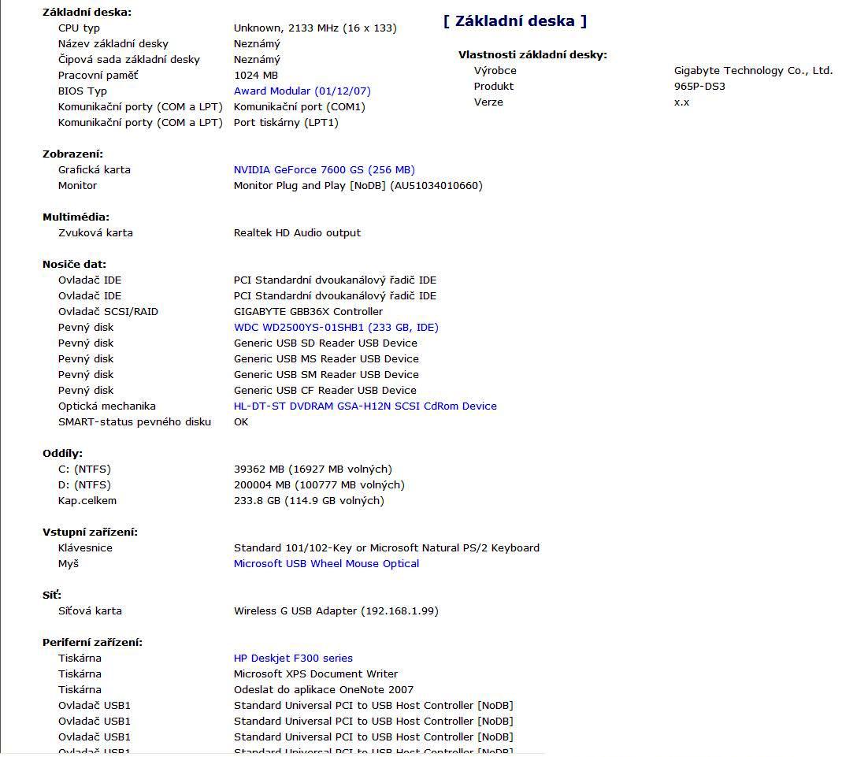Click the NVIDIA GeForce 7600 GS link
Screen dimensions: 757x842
tap(324, 169)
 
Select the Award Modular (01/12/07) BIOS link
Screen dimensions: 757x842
tap(302, 91)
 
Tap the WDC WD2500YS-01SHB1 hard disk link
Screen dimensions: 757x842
tap(336, 327)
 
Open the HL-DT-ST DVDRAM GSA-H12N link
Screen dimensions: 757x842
tap(365, 406)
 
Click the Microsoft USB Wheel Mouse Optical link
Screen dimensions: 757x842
tap(326, 563)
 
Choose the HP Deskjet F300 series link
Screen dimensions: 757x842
tap(293, 658)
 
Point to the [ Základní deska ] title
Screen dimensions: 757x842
tap(515, 21)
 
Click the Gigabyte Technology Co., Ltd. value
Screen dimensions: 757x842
tap(753, 70)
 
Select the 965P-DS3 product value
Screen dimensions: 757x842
tap(699, 86)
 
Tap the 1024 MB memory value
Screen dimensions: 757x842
tap(256, 75)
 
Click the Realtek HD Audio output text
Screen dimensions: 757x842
tap(297, 232)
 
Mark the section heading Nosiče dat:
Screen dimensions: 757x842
tap(74, 264)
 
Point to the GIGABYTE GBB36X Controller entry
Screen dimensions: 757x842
tap(308, 311)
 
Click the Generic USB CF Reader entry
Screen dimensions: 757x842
tap(325, 390)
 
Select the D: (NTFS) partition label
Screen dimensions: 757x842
tap(84, 484)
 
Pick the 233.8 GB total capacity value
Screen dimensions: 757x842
tap(309, 500)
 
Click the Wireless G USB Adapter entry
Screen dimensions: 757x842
tap(336, 610)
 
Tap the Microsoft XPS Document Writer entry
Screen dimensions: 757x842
tap(315, 674)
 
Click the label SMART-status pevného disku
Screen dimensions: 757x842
tap(135, 421)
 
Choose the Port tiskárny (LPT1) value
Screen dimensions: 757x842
tap(286, 122)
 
